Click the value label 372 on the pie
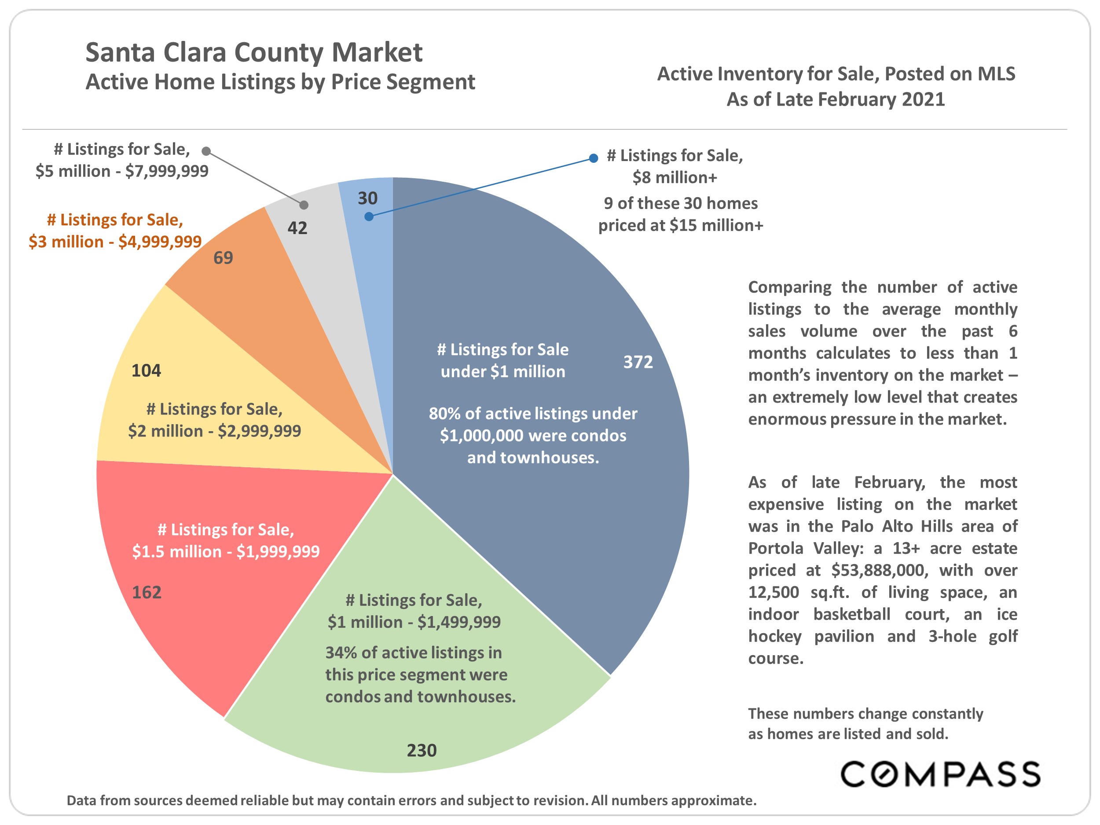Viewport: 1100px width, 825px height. click(x=638, y=362)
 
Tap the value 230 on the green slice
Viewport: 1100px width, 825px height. click(x=422, y=750)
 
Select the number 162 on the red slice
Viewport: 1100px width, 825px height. click(x=147, y=592)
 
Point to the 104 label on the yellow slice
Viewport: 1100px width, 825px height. click(x=146, y=370)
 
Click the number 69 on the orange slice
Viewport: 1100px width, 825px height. click(x=223, y=257)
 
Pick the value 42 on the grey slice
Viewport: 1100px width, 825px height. click(x=297, y=228)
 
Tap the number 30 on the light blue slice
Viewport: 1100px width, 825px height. click(x=368, y=198)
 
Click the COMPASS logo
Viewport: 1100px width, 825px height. click(x=940, y=774)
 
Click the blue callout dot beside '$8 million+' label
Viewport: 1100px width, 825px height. click(x=593, y=158)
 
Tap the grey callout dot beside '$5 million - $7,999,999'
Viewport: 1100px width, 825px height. click(x=206, y=151)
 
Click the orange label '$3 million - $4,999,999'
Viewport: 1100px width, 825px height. click(x=115, y=242)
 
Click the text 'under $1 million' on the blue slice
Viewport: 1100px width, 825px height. click(x=503, y=371)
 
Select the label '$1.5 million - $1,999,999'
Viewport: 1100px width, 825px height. click(x=226, y=551)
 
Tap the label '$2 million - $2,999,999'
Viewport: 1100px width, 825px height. click(x=214, y=431)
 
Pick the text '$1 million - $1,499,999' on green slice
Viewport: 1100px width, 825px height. click(x=414, y=622)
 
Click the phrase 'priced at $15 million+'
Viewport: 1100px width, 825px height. click(x=680, y=225)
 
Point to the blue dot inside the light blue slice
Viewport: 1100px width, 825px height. click(x=368, y=216)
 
